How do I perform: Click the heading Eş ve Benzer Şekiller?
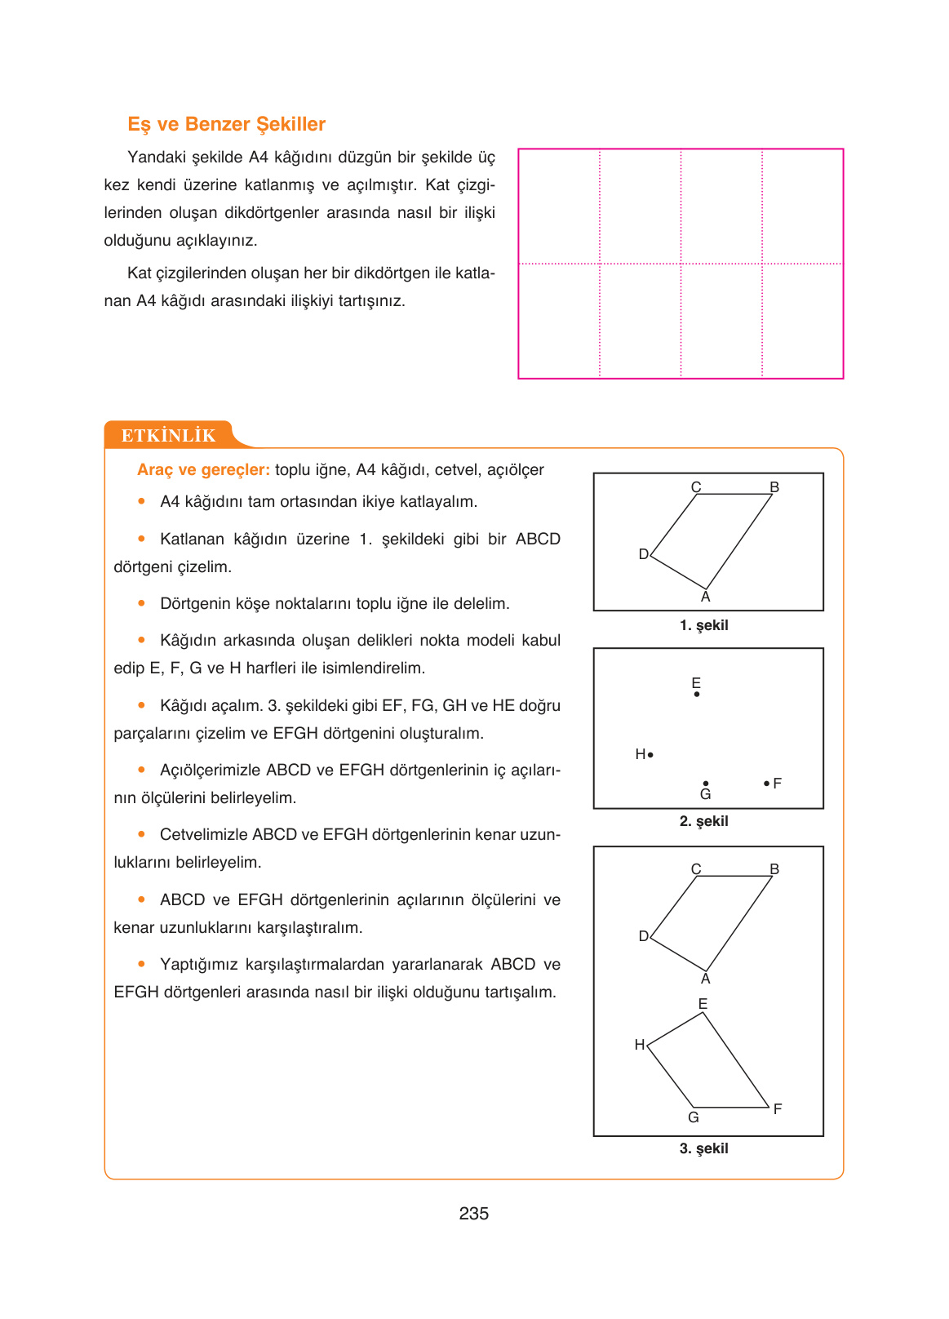pos(226,124)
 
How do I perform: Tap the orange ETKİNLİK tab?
pos(168,435)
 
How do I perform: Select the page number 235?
pos(473,1214)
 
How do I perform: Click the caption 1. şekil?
pos(703,625)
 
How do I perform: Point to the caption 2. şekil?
pos(703,821)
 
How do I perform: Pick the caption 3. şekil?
pos(703,1148)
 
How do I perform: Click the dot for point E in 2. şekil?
pos(697,695)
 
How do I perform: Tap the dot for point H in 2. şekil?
pos(650,755)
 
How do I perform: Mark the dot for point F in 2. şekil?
pos(766,784)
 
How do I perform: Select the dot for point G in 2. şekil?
pos(706,784)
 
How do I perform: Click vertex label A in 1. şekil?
pos(706,597)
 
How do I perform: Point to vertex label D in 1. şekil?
pos(643,554)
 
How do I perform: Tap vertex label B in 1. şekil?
pos(774,487)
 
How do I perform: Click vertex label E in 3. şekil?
pos(703,1004)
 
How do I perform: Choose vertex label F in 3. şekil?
pos(778,1108)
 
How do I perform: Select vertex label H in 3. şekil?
pos(640,1045)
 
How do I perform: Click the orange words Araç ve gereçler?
pos(203,470)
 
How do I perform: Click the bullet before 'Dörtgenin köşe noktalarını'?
pos(142,603)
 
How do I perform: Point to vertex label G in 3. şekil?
pos(694,1117)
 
